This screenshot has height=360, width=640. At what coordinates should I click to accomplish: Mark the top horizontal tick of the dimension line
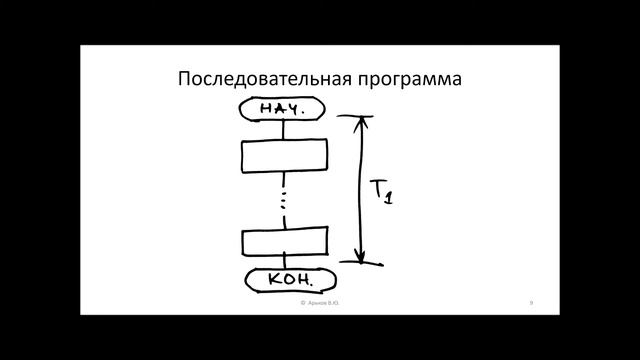tap(356, 117)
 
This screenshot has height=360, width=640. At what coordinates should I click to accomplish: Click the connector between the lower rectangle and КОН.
tap(286, 262)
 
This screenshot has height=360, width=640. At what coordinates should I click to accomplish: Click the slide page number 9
tap(530, 301)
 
